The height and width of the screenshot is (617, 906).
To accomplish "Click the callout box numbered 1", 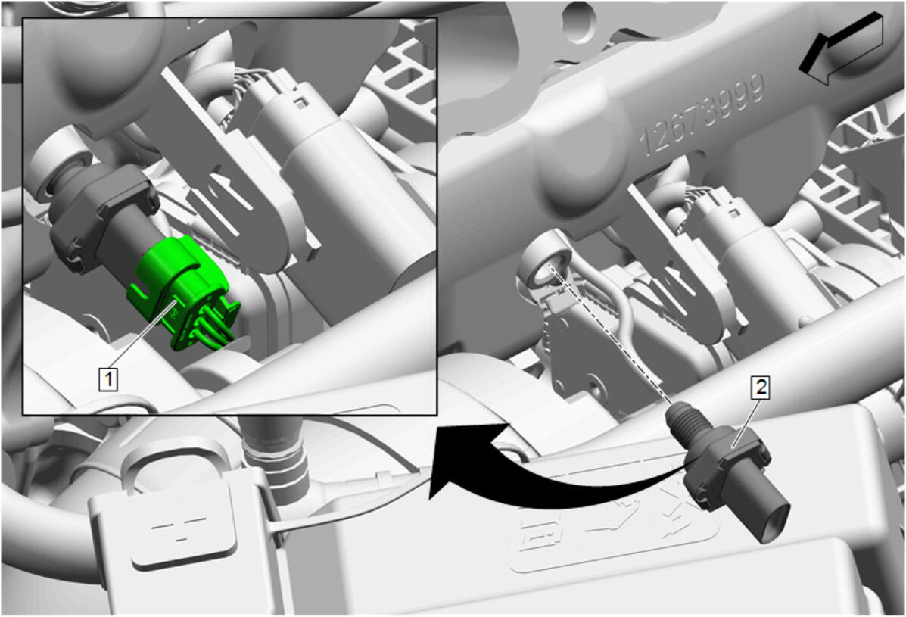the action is coord(108,379).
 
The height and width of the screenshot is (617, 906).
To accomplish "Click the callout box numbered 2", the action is coord(761,387).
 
